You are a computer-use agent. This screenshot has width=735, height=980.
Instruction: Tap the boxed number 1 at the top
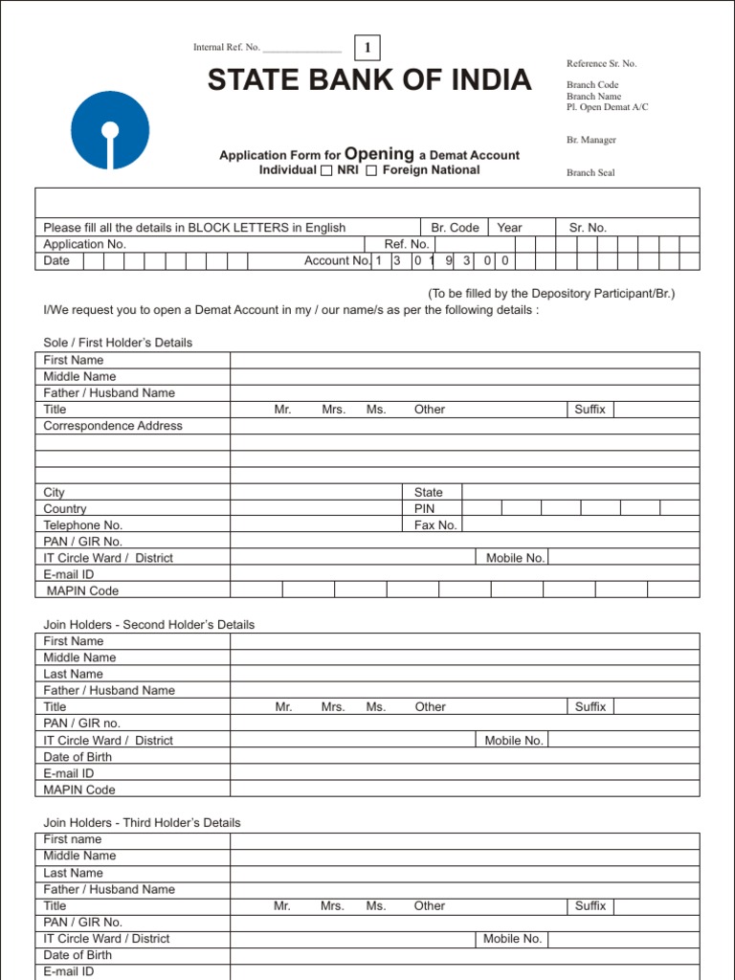[367, 48]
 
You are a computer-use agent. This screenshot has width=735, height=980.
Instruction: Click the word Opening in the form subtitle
[379, 154]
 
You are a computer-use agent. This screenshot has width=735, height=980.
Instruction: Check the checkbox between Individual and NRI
[326, 170]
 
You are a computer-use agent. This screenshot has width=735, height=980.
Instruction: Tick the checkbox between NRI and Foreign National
[371, 170]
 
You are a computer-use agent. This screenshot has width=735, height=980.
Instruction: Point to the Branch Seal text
[590, 173]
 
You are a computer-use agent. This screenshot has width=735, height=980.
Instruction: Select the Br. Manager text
[591, 140]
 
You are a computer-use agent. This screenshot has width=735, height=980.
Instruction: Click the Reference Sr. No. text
[601, 63]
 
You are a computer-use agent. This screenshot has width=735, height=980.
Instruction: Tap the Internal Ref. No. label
[226, 47]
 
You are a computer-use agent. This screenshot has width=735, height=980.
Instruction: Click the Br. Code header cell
[455, 228]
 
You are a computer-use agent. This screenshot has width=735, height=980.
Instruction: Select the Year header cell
[509, 228]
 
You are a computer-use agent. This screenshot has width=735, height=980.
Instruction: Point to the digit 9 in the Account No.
[449, 260]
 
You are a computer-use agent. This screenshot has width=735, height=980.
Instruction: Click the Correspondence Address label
[113, 426]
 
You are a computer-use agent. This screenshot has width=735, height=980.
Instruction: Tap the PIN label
[424, 509]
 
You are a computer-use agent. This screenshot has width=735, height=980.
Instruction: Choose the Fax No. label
[435, 525]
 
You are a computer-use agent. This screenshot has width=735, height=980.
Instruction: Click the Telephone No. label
[83, 525]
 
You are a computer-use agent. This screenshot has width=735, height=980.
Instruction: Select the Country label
[65, 509]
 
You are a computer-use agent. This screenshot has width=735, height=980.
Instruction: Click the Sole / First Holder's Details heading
[118, 343]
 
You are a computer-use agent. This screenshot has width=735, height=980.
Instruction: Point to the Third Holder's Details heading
[142, 823]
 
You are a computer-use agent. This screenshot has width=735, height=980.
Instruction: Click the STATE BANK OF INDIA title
[368, 80]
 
